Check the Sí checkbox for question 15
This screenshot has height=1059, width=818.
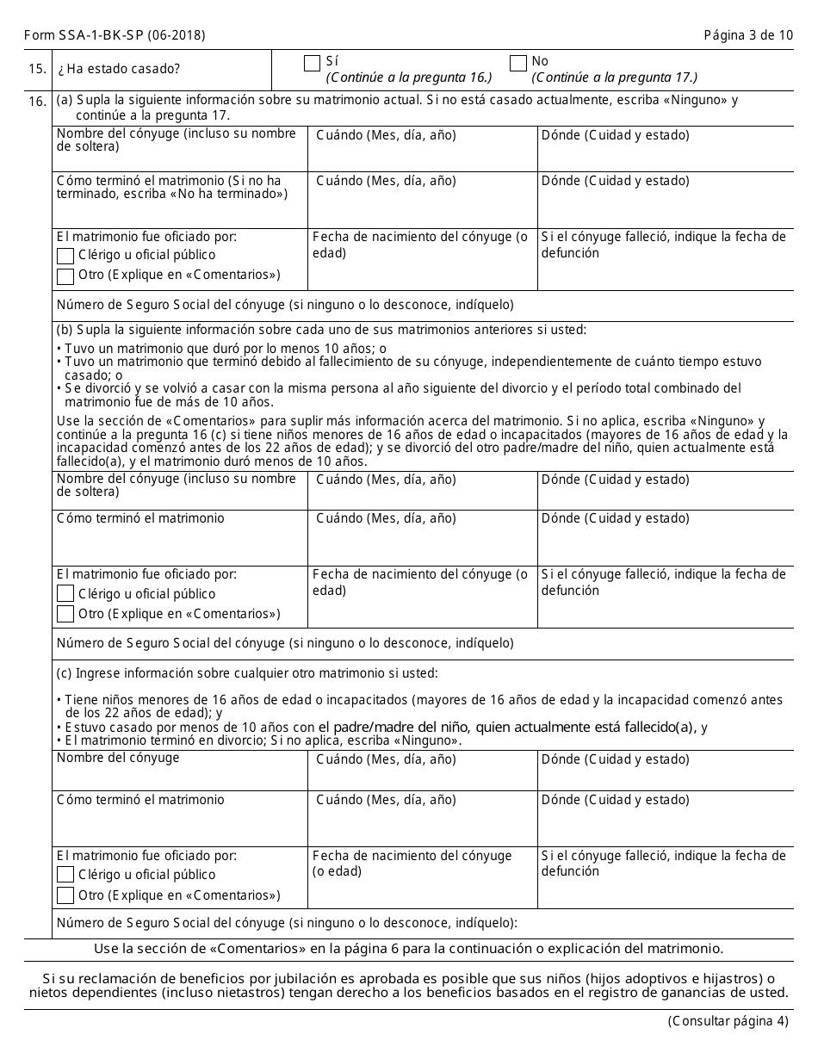(x=312, y=63)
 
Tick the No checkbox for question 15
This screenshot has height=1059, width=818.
(x=517, y=63)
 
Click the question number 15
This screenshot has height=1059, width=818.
(x=37, y=69)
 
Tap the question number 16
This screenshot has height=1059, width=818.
(x=37, y=102)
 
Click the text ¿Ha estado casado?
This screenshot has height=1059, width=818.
(x=119, y=69)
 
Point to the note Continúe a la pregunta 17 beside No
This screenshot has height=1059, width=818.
(x=614, y=77)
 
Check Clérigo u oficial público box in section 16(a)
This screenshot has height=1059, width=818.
(x=65, y=256)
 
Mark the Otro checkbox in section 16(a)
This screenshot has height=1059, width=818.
(x=65, y=276)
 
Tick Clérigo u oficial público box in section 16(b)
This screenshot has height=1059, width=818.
(x=65, y=594)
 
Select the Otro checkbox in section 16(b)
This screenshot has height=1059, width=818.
(x=65, y=614)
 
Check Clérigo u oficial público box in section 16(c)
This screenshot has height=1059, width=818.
(x=65, y=875)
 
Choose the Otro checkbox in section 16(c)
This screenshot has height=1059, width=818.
(x=65, y=895)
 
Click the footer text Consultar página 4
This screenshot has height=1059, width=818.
(x=728, y=1022)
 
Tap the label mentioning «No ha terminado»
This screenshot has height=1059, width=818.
(x=171, y=188)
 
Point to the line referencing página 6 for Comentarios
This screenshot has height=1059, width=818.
(x=408, y=949)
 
